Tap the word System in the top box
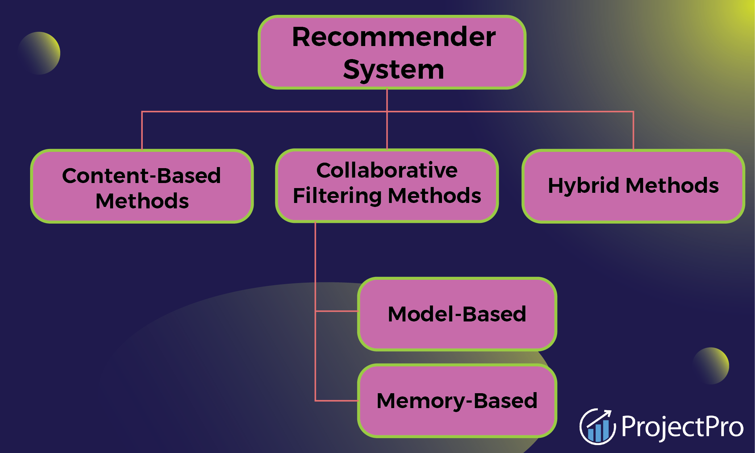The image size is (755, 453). click(x=393, y=70)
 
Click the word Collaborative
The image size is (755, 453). click(x=387, y=170)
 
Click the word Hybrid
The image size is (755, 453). click(x=583, y=186)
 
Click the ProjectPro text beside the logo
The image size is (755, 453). click(x=682, y=427)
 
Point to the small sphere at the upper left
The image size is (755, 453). click(x=39, y=53)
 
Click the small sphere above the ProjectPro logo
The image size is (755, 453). click(x=711, y=366)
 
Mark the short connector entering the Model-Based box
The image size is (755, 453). click(x=337, y=311)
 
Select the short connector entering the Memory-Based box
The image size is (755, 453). click(x=337, y=400)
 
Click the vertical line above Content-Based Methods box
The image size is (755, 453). click(x=142, y=130)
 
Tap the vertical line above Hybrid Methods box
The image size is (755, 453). click(x=633, y=130)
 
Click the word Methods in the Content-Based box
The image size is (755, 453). click(x=142, y=201)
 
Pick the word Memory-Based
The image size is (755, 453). click(x=457, y=401)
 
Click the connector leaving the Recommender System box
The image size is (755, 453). click(x=387, y=100)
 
